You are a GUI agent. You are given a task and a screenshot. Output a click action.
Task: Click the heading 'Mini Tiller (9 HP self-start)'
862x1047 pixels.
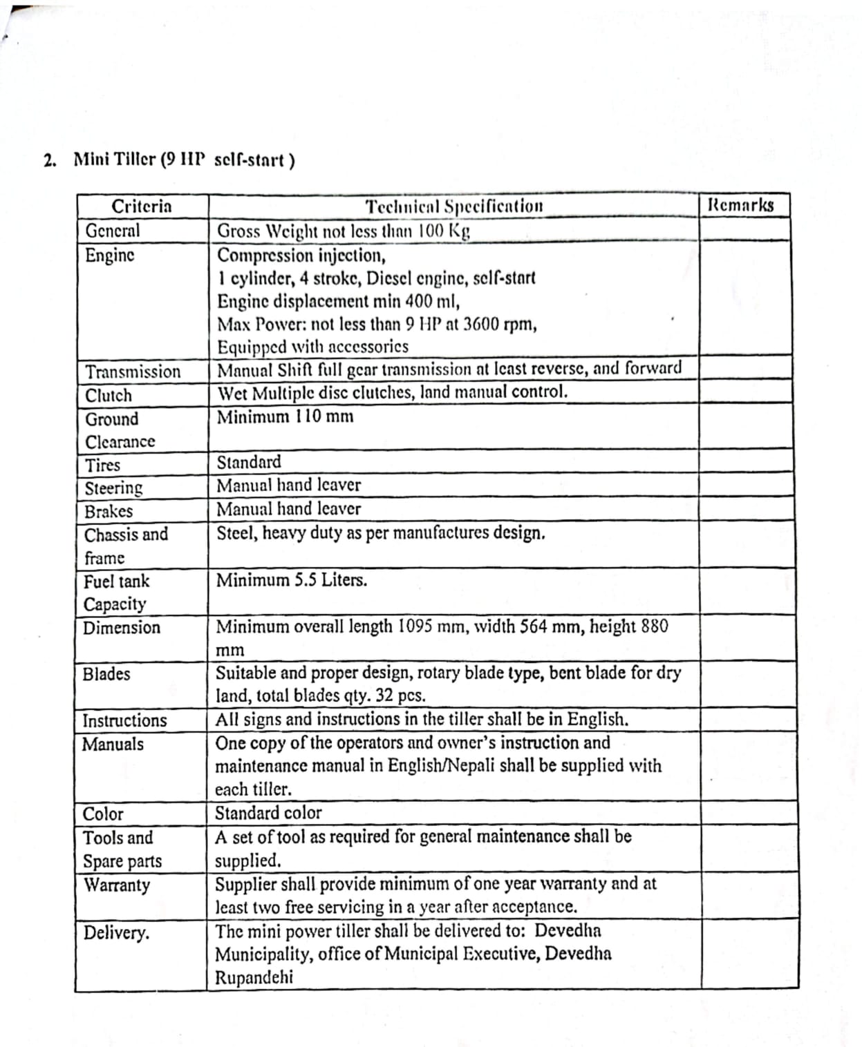[x=184, y=160]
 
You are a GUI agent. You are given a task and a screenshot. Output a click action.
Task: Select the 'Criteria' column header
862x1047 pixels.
[x=142, y=206]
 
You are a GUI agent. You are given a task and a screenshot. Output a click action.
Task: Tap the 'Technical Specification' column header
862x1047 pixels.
[x=454, y=206]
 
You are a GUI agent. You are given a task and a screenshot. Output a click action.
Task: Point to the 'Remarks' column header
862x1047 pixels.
[x=741, y=205]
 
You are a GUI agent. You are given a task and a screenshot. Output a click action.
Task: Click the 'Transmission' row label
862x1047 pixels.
[x=133, y=372]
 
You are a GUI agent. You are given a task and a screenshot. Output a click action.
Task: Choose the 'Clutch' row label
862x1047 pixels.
[x=109, y=395]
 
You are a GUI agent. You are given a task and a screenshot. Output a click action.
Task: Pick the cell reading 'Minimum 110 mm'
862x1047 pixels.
[x=285, y=416]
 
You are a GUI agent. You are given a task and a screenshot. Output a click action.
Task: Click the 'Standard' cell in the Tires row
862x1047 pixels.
[x=249, y=461]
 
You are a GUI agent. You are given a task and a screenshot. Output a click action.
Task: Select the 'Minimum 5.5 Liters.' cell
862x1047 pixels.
[x=292, y=579]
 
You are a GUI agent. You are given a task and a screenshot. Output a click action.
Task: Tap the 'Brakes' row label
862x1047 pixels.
[x=109, y=511]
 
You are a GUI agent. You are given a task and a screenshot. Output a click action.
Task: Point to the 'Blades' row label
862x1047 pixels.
[x=106, y=673]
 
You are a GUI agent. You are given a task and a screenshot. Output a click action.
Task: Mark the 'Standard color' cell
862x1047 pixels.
[x=268, y=812]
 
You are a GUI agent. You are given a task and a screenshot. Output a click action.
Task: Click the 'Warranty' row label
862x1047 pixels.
[x=117, y=885]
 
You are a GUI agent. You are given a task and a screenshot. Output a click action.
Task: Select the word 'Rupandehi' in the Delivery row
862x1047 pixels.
[x=254, y=977]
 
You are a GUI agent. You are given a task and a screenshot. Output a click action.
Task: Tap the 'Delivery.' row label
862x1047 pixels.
[x=116, y=933]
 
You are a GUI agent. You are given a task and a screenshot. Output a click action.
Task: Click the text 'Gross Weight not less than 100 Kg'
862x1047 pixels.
[x=344, y=231]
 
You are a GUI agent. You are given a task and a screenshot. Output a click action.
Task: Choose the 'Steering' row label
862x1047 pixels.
[x=113, y=488]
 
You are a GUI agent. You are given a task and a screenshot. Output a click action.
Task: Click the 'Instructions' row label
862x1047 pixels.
[x=124, y=720]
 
